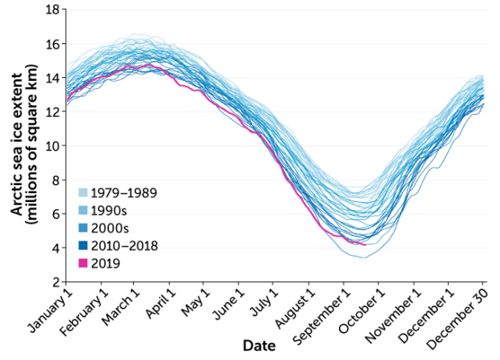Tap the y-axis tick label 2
coord(54,282)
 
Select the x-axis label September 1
coord(321,315)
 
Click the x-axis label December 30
coord(462,315)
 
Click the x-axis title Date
coord(260,347)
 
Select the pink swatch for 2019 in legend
coord(83,262)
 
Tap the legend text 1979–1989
coord(124,193)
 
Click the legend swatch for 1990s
coord(83,210)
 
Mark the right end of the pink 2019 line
coord(366,245)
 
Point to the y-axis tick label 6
coord(54,214)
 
